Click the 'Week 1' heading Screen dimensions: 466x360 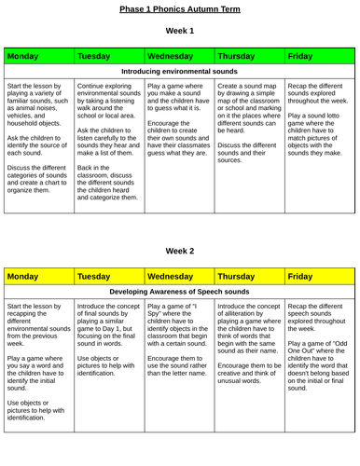180,31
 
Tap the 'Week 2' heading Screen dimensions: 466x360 180,251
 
